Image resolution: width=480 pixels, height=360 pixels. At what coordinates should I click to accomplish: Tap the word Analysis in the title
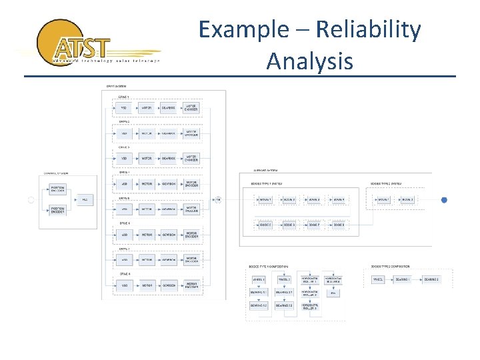point(309,61)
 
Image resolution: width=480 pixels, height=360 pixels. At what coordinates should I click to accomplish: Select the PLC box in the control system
point(85,199)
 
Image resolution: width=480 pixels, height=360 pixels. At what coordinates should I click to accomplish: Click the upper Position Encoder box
point(57,188)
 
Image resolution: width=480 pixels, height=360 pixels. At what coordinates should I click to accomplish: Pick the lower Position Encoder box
point(57,211)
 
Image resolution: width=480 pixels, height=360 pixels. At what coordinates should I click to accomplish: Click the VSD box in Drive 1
point(123,107)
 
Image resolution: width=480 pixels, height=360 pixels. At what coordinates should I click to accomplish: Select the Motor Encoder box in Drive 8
point(191,285)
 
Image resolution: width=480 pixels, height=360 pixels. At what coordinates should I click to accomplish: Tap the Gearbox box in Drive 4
point(169,183)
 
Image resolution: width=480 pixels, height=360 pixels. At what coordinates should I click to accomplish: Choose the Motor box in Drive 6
point(146,235)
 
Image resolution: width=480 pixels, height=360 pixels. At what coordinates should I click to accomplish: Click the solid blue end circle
point(444,199)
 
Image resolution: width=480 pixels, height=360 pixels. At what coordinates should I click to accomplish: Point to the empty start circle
point(31,199)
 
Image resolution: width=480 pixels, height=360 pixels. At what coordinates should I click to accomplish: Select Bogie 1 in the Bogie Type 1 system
point(266,199)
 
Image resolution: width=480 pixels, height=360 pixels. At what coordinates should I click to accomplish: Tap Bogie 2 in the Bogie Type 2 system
point(407,199)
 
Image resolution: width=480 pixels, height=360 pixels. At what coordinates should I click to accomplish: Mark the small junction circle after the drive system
point(218,199)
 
